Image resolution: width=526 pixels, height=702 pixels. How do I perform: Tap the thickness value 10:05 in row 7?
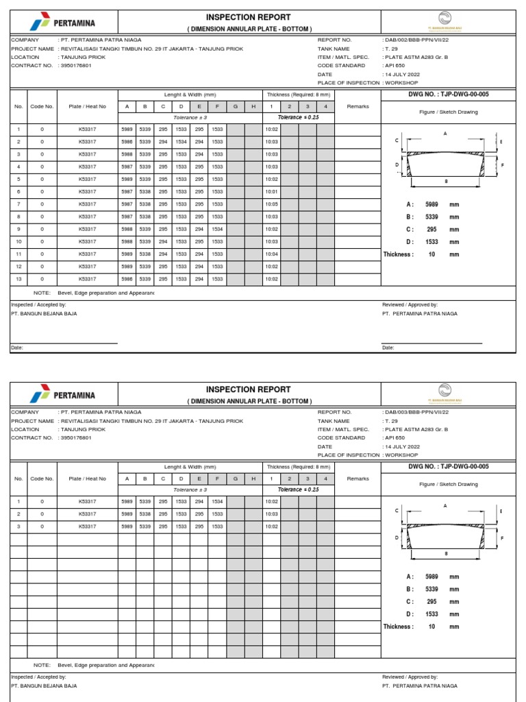[271, 204]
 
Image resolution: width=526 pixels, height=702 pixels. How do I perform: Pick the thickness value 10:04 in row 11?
[271, 254]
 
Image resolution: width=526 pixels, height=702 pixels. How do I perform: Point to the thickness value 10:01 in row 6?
[271, 191]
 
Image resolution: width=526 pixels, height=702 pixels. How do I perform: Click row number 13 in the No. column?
[18, 279]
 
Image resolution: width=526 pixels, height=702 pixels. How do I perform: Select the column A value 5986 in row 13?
[127, 279]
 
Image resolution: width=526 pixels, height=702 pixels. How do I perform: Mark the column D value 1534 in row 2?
[181, 142]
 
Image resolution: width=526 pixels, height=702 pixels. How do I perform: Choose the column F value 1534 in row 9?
[217, 229]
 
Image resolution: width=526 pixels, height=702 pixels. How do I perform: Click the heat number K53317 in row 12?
[87, 266]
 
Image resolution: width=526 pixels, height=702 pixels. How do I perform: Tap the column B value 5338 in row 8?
[145, 217]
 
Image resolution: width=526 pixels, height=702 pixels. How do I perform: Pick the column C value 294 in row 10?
[163, 241]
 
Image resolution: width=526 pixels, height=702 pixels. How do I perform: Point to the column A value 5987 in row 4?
[127, 167]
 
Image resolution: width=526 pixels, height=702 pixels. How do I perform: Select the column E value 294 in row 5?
[199, 179]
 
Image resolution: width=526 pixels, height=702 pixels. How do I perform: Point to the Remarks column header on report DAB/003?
[358, 479]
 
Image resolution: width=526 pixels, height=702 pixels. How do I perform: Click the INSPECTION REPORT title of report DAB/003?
[249, 389]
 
